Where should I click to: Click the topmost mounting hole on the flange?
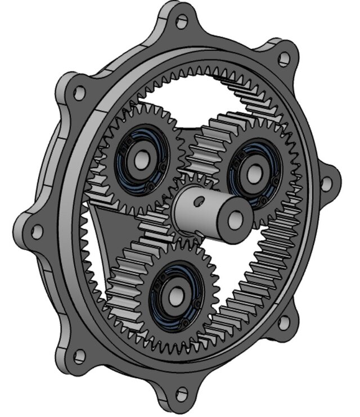point(182,21)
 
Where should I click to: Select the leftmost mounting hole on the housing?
point(37,230)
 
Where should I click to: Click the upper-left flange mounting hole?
point(79,91)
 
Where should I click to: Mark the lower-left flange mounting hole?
point(79,355)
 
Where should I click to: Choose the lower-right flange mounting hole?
point(285,321)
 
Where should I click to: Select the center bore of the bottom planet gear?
point(175,292)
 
